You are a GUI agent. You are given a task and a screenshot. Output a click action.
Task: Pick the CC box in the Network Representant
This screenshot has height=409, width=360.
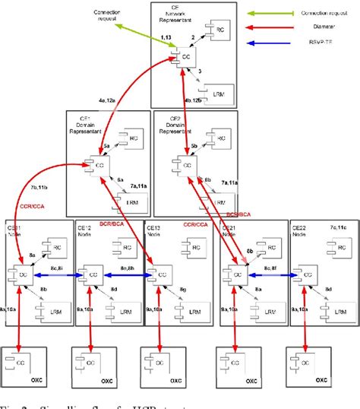(185, 55)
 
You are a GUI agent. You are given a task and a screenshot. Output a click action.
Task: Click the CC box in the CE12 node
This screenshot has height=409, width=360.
(93, 273)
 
